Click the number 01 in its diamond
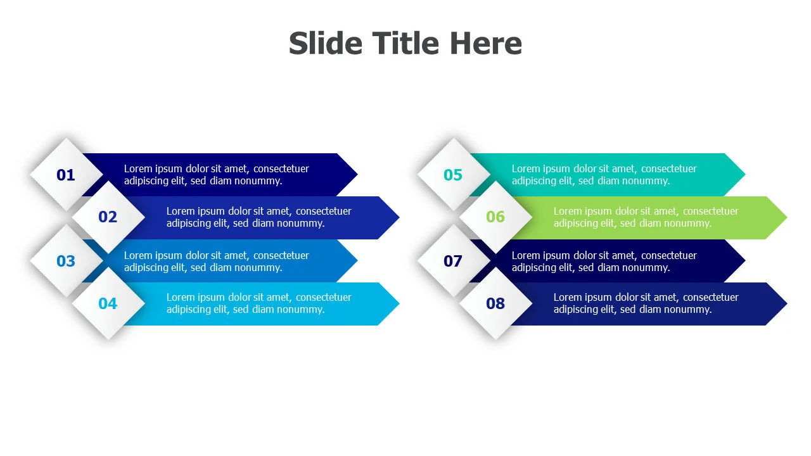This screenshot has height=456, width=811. pyautogui.click(x=65, y=175)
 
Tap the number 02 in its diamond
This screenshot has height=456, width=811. pyautogui.click(x=108, y=217)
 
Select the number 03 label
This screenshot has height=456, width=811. pyautogui.click(x=65, y=262)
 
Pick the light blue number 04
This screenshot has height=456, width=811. pyautogui.click(x=108, y=303)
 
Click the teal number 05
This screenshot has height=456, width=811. pyautogui.click(x=453, y=175)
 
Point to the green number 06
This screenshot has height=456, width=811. pyautogui.click(x=495, y=217)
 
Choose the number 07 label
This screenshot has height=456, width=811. pyautogui.click(x=453, y=262)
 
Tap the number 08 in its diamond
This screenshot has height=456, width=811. pyautogui.click(x=495, y=303)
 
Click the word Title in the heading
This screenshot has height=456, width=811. pyautogui.click(x=405, y=44)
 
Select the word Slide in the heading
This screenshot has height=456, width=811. pyautogui.click(x=326, y=44)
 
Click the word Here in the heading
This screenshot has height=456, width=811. pyautogui.click(x=486, y=44)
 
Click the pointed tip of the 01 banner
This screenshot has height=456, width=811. pyautogui.click(x=357, y=174)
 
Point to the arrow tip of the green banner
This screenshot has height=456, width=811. pyautogui.click(x=786, y=217)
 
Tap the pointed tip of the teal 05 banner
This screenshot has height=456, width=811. pyautogui.click(x=744, y=174)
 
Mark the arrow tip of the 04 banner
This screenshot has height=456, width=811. pyautogui.click(x=399, y=303)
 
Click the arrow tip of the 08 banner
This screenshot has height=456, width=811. pyautogui.click(x=786, y=303)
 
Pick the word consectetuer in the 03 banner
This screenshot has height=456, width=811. pyautogui.click(x=281, y=255)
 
